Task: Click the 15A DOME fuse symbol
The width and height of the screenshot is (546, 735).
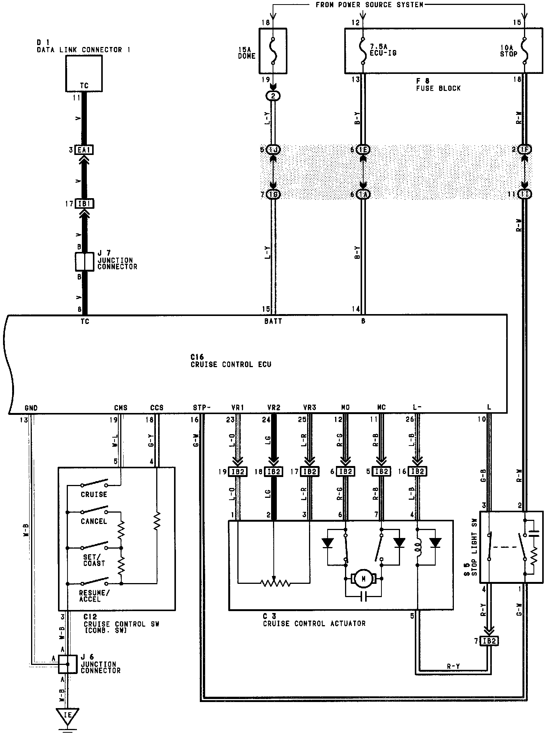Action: coord(273,50)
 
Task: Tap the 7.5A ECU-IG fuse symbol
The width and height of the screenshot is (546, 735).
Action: coord(363,50)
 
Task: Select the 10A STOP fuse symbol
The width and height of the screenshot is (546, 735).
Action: coord(525,50)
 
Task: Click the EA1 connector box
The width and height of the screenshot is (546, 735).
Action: coord(84,150)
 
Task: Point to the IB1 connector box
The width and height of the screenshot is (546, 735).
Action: coord(84,204)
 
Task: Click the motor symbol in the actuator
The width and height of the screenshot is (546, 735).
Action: coord(364,579)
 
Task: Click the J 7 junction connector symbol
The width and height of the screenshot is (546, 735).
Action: coord(84,262)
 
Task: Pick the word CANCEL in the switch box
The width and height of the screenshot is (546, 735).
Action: coord(94,522)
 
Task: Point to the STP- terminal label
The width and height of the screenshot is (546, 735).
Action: coord(201,408)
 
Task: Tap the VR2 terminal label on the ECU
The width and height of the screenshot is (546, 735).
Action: coord(273,408)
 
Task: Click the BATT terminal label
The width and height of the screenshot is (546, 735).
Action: coord(273,321)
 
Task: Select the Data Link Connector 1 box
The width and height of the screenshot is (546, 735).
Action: coord(84,73)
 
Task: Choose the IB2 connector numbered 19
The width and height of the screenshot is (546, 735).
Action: coord(237,472)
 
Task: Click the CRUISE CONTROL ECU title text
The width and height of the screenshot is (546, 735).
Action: coord(231,364)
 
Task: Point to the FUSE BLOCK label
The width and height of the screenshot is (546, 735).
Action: coord(438,88)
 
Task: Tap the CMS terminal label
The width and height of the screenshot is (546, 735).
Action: coord(121,408)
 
